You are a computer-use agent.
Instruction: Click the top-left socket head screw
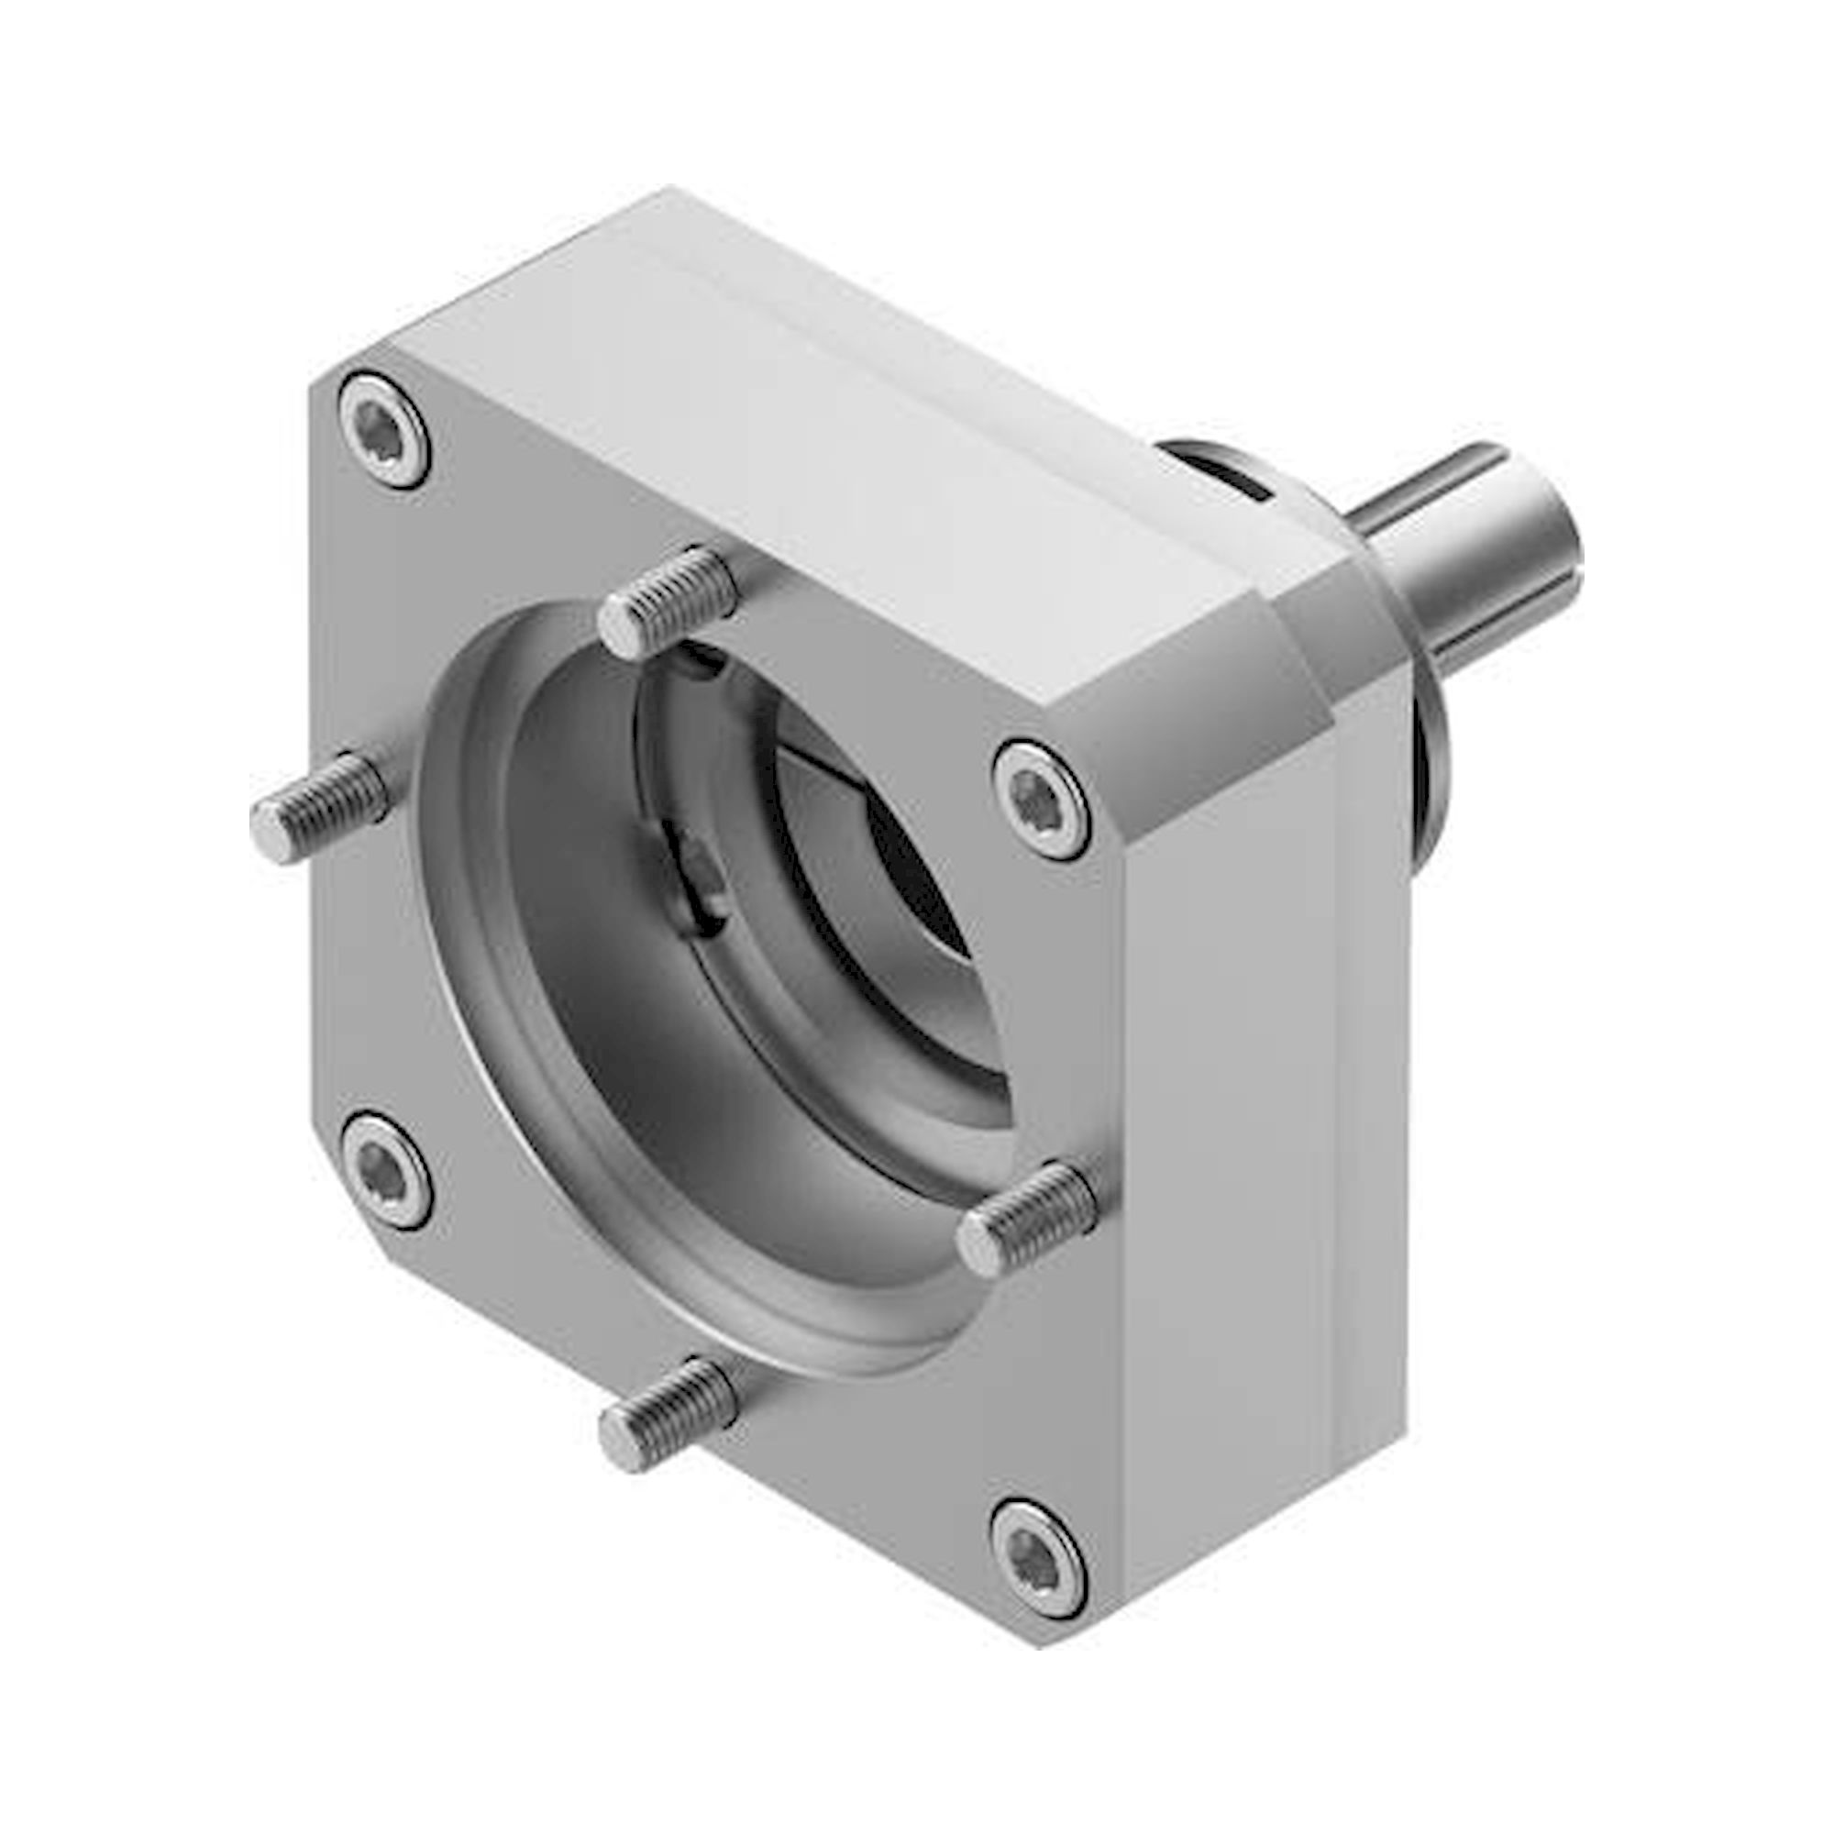(x=383, y=430)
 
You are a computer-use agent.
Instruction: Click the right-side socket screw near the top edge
(x=1041, y=801)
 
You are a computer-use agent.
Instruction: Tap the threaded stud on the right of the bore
(x=1025, y=1218)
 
